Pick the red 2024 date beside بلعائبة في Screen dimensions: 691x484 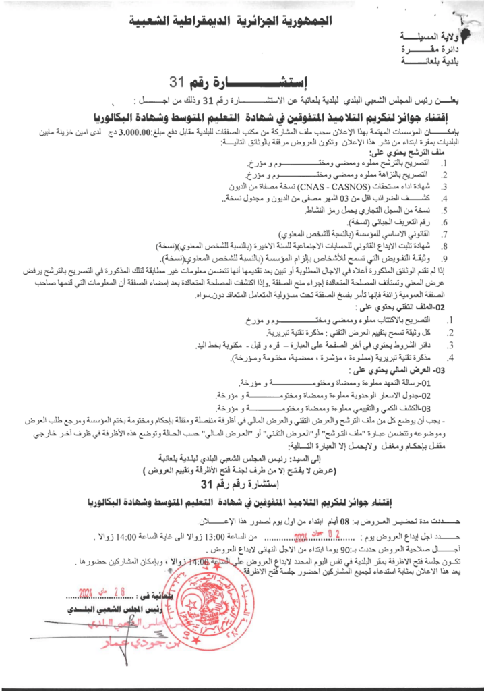click(98, 592)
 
